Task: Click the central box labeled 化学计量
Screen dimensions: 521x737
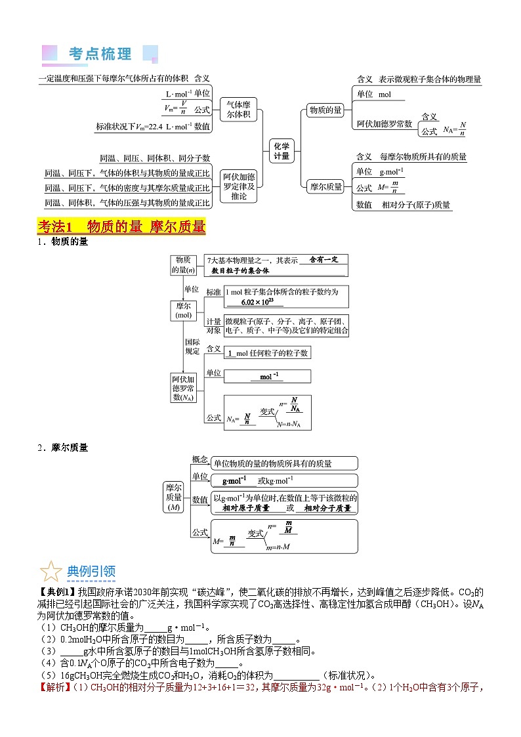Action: pos(281,152)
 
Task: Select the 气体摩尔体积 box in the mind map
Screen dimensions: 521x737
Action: pos(238,109)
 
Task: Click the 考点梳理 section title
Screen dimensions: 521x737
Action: pos(100,54)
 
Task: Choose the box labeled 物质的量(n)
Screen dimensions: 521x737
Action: pos(183,265)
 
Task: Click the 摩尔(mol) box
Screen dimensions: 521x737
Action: pos(183,310)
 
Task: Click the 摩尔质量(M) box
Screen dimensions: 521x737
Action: pos(174,497)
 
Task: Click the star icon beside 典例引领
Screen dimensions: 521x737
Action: pos(51,571)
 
